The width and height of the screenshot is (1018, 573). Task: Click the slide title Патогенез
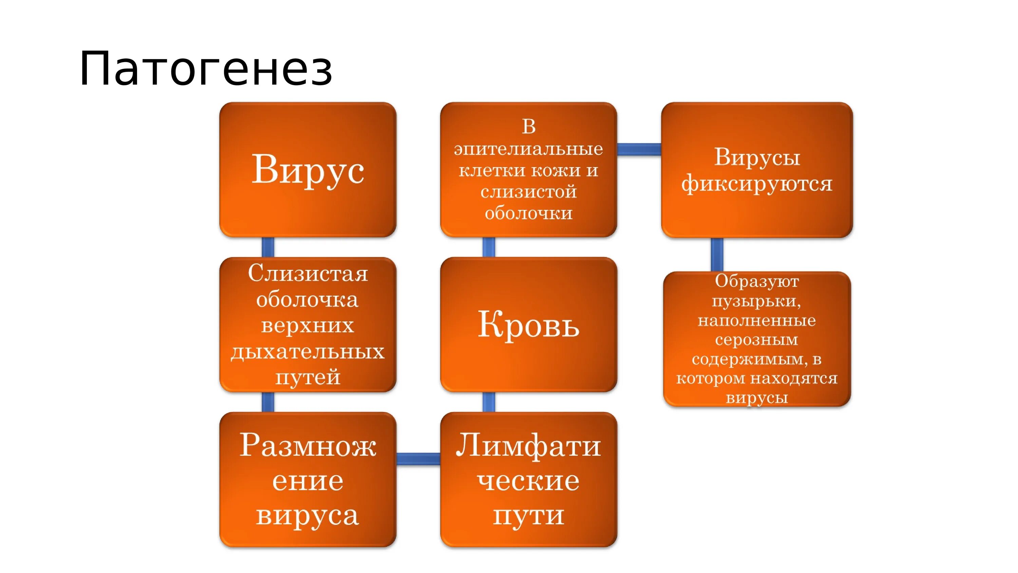206,69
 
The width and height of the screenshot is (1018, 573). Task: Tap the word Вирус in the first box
307,170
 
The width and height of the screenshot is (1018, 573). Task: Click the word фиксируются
757,184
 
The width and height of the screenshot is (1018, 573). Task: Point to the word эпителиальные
528,149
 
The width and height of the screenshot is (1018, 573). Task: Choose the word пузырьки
756,301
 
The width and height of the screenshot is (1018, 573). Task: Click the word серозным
756,340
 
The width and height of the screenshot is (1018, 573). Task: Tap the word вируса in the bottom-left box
307,515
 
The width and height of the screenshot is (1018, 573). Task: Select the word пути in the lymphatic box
528,515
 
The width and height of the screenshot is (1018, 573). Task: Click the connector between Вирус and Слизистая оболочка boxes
268,247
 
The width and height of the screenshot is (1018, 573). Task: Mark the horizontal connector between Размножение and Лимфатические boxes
418,459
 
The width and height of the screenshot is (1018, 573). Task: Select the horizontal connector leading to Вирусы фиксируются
639,149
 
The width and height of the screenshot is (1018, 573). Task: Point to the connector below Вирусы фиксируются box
717,255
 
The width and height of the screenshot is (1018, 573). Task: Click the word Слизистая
307,274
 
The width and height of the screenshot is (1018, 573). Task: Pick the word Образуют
756,281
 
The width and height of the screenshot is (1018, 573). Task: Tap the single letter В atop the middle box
528,127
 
